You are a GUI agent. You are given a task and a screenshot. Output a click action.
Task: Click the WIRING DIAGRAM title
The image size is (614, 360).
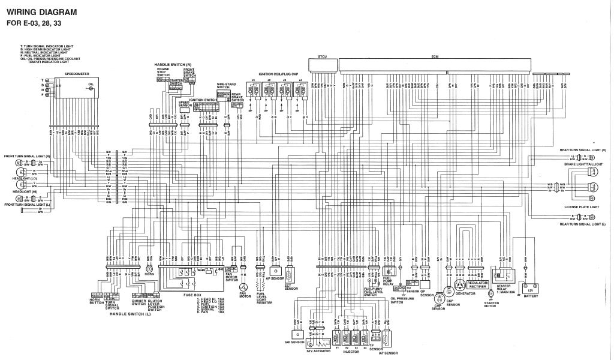(42, 12)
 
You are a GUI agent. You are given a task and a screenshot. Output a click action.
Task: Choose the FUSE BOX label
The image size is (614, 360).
(192, 295)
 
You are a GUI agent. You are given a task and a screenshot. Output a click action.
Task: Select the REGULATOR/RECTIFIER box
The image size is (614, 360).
(478, 283)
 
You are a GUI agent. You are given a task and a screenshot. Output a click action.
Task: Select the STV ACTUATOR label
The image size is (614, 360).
(318, 352)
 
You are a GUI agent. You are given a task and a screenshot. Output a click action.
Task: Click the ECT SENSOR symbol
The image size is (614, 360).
(291, 277)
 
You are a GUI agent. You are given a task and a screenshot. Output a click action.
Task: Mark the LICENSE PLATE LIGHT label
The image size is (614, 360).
(581, 207)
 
